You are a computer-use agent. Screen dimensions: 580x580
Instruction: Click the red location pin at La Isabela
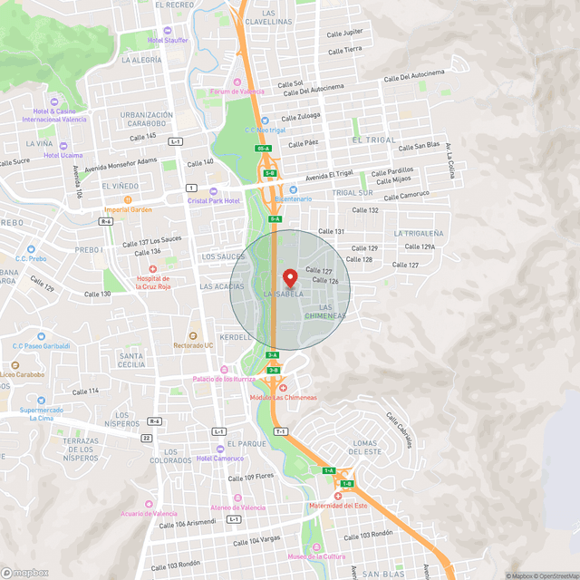coord(290,278)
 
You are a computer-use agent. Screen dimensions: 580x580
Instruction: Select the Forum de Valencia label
coord(237,92)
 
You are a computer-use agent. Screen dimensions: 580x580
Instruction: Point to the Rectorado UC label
coord(194,345)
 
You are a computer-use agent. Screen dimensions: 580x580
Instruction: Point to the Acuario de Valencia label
coord(149,513)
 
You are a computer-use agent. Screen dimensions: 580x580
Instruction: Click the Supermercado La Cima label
coord(43,413)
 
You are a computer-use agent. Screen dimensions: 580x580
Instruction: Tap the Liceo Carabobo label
coord(22,373)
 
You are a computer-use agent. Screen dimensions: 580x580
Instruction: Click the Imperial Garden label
coord(128,209)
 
